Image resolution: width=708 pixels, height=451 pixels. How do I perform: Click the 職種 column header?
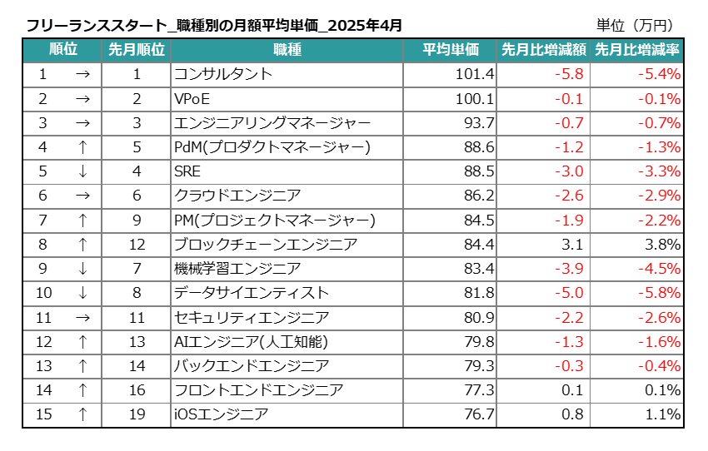(287, 50)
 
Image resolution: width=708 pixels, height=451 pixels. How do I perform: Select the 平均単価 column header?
(450, 50)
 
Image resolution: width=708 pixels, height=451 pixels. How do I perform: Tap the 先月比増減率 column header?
(637, 50)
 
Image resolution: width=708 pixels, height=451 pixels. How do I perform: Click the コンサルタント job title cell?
(223, 74)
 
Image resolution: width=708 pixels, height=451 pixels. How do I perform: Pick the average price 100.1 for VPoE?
(475, 99)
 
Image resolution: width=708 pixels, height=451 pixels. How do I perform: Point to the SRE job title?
(187, 171)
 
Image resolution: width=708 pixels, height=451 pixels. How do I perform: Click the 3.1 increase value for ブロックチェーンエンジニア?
(574, 245)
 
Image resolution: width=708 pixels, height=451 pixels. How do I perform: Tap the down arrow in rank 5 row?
(82, 171)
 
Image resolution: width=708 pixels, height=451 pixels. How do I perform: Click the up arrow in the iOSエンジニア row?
(82, 414)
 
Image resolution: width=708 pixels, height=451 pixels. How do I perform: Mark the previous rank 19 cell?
(137, 414)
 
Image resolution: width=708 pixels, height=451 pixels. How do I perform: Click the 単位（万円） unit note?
(636, 26)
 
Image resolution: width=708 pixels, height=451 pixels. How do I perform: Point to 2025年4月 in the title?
(366, 26)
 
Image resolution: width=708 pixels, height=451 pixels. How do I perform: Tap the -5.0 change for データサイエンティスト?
(570, 293)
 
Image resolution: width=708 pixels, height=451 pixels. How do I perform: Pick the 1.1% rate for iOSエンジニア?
(664, 414)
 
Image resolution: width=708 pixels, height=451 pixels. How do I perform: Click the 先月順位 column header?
(137, 50)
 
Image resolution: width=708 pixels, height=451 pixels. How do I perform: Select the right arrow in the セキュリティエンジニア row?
(82, 317)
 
